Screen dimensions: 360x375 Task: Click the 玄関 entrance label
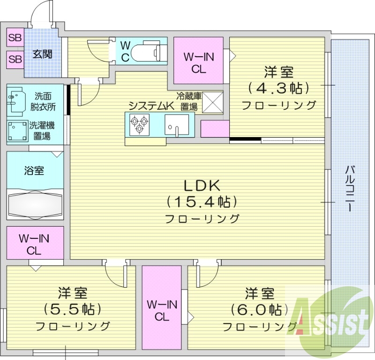[42, 54]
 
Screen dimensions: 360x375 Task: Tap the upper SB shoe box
[15, 38]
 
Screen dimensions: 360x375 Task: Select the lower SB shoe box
[15, 59]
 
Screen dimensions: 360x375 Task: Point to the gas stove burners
[138, 124]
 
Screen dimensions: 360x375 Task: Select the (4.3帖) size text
[278, 88]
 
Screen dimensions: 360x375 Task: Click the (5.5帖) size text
[73, 309]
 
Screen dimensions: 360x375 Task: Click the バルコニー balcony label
[350, 188]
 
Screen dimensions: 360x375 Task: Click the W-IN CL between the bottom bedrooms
[162, 310]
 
